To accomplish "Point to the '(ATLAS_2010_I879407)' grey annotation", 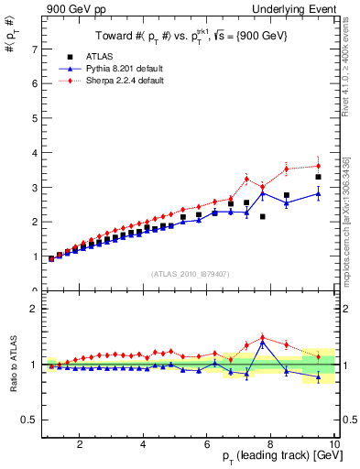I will click(191, 273).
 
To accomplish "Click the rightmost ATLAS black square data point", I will click(318, 177).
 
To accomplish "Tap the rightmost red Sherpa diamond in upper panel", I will click(318, 166).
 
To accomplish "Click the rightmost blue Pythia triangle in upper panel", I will click(318, 194).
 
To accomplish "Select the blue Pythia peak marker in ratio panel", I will click(263, 343).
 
